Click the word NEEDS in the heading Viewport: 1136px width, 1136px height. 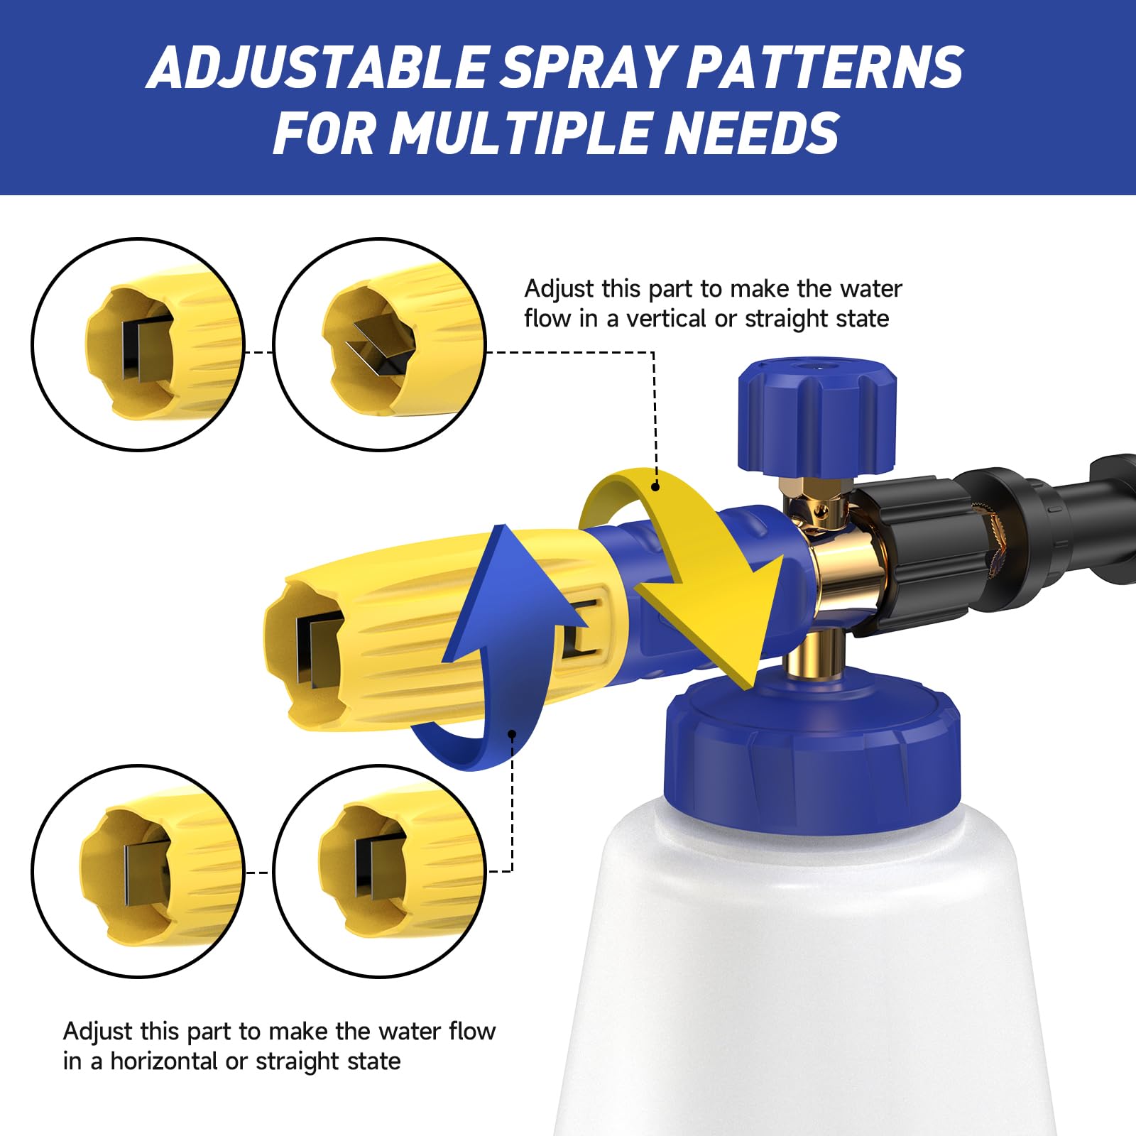[x=753, y=133]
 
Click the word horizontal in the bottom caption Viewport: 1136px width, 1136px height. [x=163, y=1061]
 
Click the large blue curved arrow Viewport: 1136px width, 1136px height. [x=497, y=653]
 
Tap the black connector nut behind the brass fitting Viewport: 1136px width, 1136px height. [x=916, y=554]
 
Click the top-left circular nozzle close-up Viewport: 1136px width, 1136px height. [x=138, y=344]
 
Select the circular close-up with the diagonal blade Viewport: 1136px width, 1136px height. [x=380, y=344]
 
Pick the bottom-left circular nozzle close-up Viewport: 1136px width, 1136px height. [x=138, y=871]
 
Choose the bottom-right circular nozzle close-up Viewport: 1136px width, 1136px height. [x=380, y=871]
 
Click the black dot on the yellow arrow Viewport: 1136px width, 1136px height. [x=655, y=486]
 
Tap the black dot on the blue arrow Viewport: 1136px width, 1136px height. [x=512, y=734]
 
